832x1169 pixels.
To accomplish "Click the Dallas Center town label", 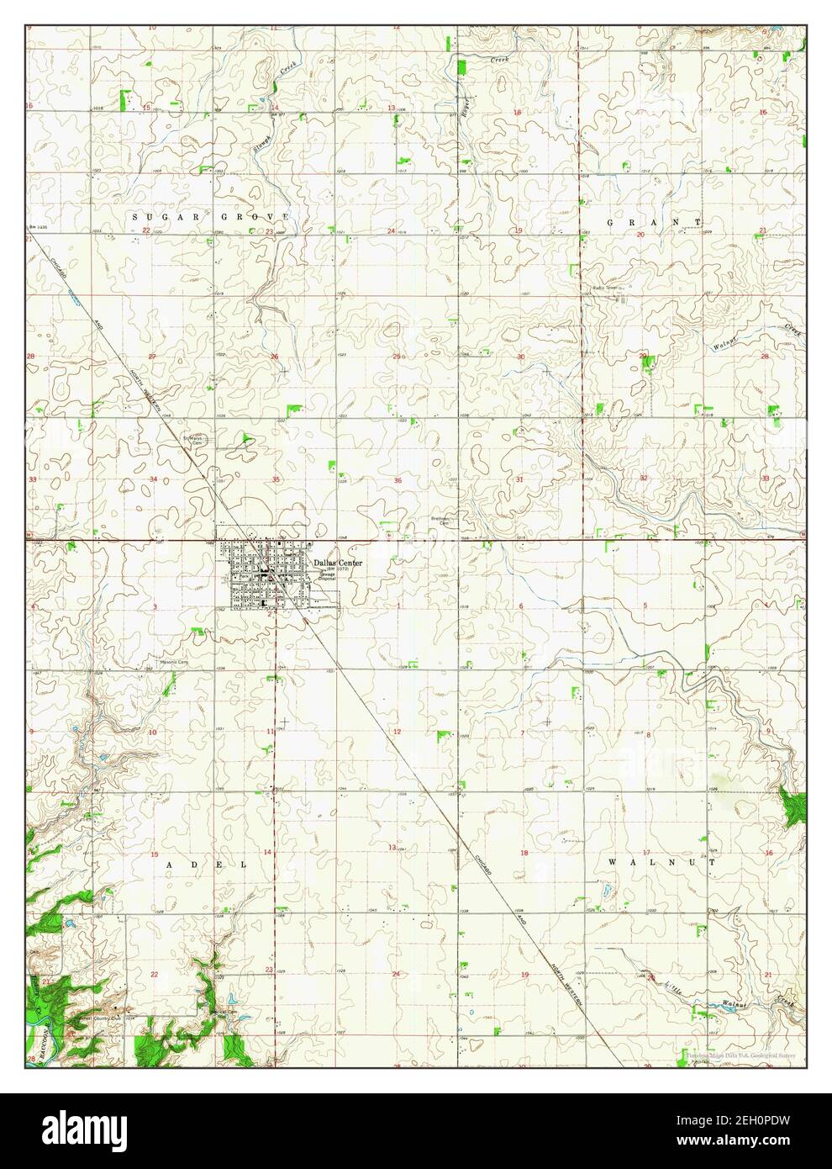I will (x=339, y=563).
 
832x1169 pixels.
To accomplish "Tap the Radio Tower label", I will (x=604, y=288).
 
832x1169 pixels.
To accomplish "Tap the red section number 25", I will (x=397, y=357).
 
